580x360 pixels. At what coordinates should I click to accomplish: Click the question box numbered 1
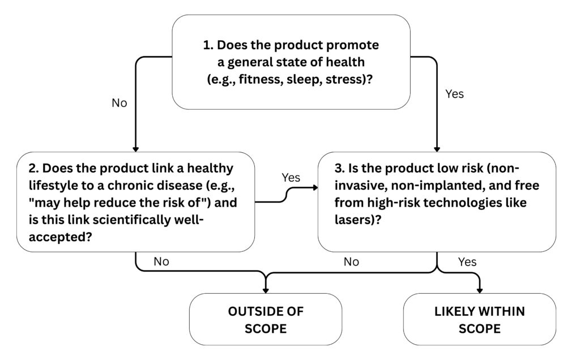point(291,62)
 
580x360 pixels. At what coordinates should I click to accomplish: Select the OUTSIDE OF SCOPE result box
point(266,319)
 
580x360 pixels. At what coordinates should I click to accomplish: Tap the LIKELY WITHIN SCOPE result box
point(479,319)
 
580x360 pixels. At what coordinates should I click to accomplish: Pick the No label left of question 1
point(120,103)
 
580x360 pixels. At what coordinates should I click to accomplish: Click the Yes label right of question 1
point(454,94)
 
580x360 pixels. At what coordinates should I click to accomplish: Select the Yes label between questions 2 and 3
point(291,178)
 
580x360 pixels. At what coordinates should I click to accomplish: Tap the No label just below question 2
point(161,262)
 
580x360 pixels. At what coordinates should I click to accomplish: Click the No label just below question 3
point(352,262)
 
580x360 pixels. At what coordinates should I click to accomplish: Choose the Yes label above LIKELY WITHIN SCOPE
point(467,262)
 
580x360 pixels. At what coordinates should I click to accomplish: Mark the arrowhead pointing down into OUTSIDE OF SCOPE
point(266,290)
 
